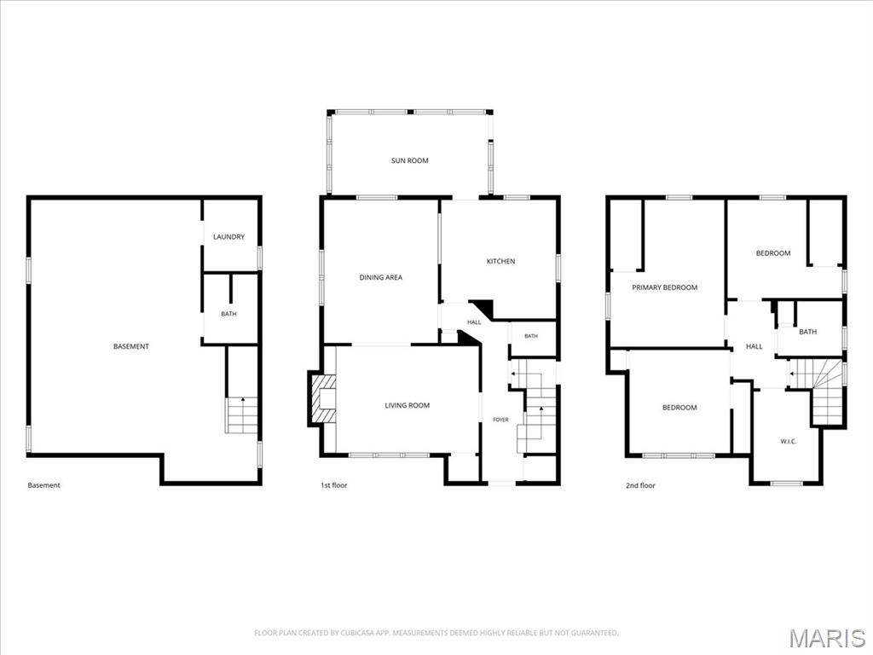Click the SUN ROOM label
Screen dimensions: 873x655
coord(410,160)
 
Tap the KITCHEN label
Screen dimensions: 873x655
coord(501,261)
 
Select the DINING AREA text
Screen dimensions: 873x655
coord(381,277)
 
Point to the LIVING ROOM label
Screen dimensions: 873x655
coord(408,405)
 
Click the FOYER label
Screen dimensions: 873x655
coord(500,420)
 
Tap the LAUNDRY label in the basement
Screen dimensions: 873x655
coord(228,237)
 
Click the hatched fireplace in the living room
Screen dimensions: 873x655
coord(323,399)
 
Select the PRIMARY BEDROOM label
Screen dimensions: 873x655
coord(665,287)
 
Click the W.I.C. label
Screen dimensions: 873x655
coord(789,442)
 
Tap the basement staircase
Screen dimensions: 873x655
coord(242,415)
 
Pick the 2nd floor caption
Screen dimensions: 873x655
coord(640,485)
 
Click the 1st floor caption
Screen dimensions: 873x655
coord(333,485)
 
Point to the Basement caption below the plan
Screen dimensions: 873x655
coord(44,485)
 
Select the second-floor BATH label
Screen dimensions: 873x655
coord(808,332)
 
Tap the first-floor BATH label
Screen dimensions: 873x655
coord(531,336)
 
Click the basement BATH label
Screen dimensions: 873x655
coord(228,314)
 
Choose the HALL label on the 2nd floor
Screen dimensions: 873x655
coord(754,346)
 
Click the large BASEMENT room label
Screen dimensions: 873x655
coord(131,346)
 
